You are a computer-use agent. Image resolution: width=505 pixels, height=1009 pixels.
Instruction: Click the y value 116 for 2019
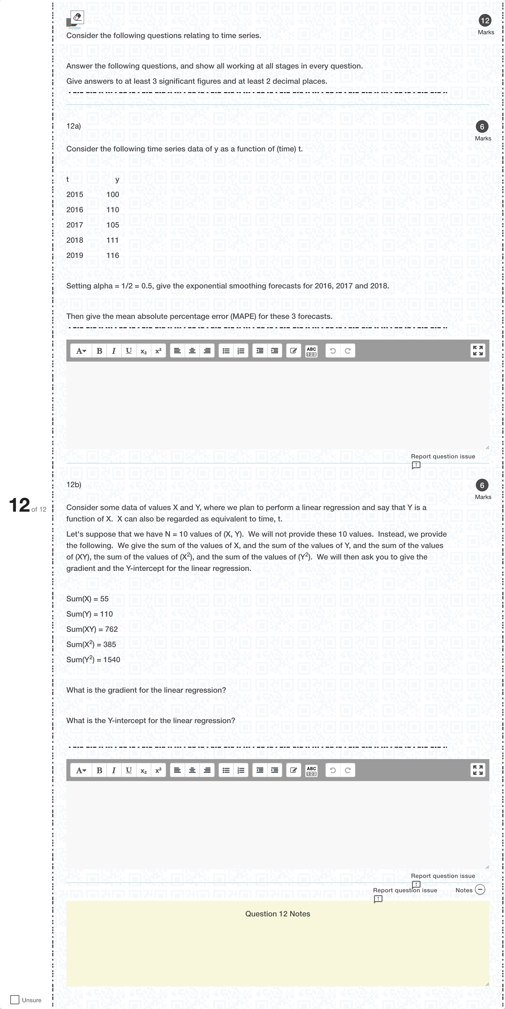113,255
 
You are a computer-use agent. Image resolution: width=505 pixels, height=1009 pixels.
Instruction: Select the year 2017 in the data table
75,225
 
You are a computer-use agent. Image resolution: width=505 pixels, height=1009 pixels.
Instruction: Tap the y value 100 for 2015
113,195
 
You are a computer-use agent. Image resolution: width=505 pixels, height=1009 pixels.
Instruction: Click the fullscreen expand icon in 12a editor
478,351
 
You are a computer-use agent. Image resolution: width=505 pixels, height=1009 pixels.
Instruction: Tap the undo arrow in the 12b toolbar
333,770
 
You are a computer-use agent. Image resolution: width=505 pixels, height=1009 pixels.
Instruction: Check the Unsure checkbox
15,1000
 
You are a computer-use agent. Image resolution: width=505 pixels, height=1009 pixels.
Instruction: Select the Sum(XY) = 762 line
92,629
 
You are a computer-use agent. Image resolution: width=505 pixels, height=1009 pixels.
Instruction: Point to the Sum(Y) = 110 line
90,614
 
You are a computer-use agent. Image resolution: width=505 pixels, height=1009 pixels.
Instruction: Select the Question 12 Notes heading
278,914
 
